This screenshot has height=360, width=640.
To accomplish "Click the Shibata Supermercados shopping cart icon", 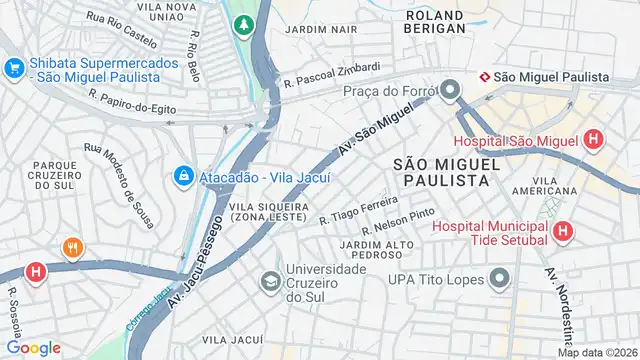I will click(14, 69).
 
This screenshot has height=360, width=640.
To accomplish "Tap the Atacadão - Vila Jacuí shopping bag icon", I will click(183, 177).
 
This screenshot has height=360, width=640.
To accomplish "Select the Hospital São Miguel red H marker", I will click(594, 140).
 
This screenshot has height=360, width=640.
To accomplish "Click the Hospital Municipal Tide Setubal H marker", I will click(563, 232).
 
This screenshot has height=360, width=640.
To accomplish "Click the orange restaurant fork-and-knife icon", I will click(71, 248).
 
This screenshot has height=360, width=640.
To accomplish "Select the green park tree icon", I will click(242, 23).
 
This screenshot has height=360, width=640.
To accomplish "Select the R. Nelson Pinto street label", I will click(397, 222).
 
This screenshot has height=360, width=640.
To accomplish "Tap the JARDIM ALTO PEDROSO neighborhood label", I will click(377, 248).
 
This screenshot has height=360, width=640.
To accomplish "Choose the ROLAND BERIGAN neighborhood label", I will click(435, 22).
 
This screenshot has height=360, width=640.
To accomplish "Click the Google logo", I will click(33, 347).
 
